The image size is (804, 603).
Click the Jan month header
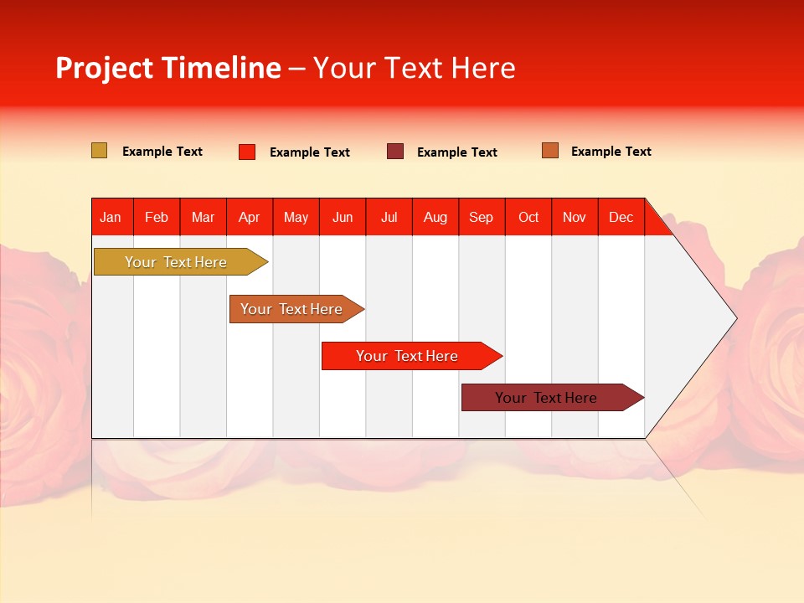click(x=111, y=217)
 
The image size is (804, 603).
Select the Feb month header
click(x=157, y=217)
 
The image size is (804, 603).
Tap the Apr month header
click(x=249, y=217)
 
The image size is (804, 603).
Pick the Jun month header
click(x=343, y=217)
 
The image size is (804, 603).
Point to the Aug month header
click(x=435, y=217)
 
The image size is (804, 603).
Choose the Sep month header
click(x=481, y=217)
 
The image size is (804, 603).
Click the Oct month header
click(x=528, y=217)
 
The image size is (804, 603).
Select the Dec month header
click(x=621, y=217)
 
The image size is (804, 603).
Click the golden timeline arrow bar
click(x=176, y=262)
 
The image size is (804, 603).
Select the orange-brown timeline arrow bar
click(x=291, y=309)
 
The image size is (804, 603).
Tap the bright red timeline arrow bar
click(x=407, y=356)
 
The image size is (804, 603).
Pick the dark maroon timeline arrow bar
click(x=546, y=398)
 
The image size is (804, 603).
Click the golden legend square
click(x=99, y=151)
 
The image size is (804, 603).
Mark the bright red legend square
click(x=247, y=152)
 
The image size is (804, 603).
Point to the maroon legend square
click(x=395, y=152)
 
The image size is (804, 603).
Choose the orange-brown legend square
click(x=549, y=151)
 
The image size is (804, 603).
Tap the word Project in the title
click(x=104, y=68)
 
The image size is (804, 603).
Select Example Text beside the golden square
click(x=162, y=152)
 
